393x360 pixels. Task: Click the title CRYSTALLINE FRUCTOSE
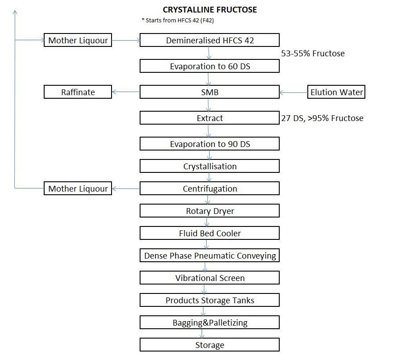click(x=210, y=9)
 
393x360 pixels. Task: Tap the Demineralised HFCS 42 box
click(x=210, y=40)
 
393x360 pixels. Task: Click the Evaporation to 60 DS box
click(x=210, y=66)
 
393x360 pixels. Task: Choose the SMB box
click(x=210, y=92)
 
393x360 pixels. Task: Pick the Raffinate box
click(x=78, y=92)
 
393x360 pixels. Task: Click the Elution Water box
click(x=336, y=92)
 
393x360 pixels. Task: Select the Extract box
click(x=210, y=118)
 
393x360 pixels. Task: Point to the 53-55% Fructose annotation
click(x=313, y=54)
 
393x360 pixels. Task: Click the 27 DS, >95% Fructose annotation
click(x=322, y=118)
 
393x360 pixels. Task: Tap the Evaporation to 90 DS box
click(x=210, y=144)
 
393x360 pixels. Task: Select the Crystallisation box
click(x=210, y=166)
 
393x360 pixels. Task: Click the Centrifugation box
click(x=210, y=188)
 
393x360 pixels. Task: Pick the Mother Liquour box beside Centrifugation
click(x=78, y=188)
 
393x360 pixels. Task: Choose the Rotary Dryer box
click(x=210, y=211)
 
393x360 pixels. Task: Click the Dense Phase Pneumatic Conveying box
click(x=210, y=255)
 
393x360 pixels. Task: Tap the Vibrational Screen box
click(x=210, y=278)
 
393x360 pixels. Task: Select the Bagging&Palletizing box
click(x=210, y=322)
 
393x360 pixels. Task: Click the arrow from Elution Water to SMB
click(x=294, y=93)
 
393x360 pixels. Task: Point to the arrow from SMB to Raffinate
click(x=126, y=92)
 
